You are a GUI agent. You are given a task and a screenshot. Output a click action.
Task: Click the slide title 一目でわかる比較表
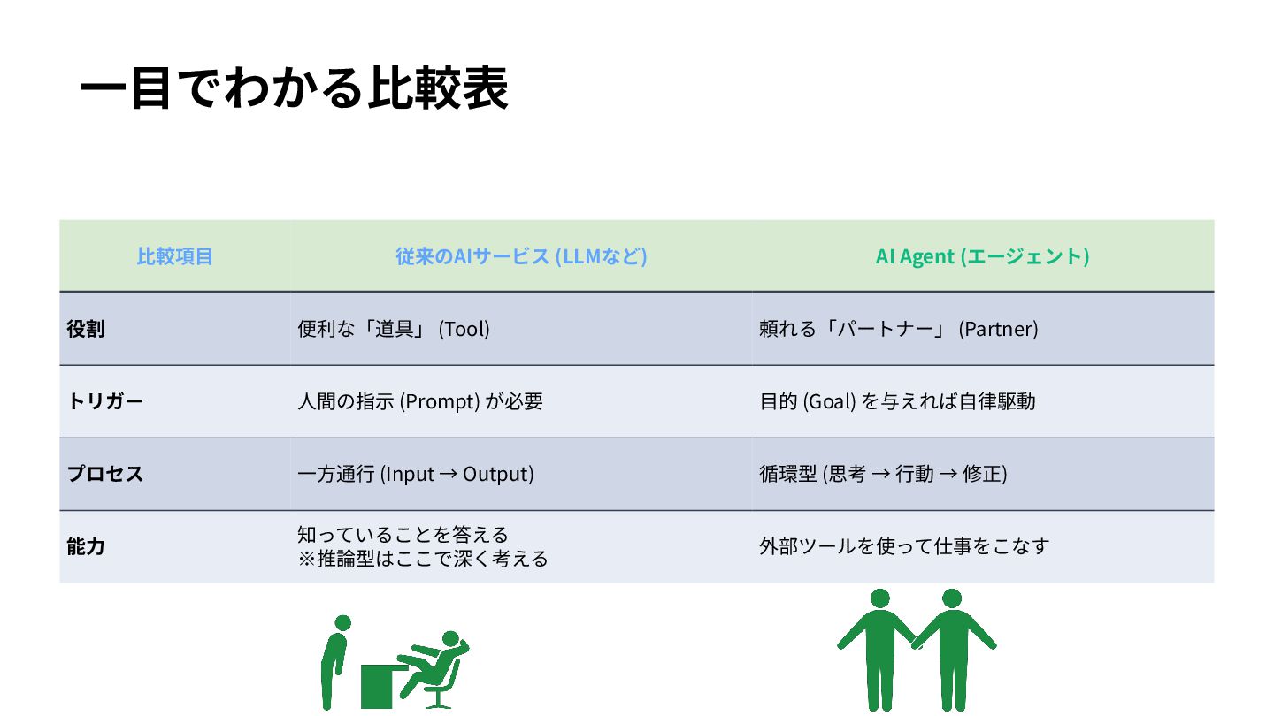point(294,88)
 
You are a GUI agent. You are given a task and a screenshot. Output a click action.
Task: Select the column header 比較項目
point(174,256)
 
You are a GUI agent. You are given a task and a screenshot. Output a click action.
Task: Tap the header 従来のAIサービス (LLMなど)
point(521,256)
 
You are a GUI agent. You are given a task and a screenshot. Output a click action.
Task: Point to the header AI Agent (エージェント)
point(982,256)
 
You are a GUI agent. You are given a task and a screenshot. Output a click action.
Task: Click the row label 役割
point(86,329)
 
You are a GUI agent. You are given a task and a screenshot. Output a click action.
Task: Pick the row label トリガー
point(104,401)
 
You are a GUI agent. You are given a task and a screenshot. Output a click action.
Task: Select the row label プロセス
point(104,474)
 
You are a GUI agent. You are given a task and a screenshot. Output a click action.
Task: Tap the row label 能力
point(86,546)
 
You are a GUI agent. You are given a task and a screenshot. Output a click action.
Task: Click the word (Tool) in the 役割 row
point(464,329)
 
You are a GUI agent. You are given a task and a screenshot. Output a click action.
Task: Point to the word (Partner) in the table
point(999,329)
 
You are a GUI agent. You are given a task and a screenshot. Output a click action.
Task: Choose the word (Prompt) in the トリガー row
point(440,401)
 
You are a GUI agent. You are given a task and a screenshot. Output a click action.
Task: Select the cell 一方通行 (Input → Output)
point(416,474)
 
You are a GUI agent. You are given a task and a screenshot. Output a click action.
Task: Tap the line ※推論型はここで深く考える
point(423,559)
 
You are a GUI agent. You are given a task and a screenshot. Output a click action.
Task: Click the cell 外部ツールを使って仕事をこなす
point(903,546)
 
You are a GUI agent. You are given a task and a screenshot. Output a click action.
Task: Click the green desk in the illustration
point(380,686)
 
